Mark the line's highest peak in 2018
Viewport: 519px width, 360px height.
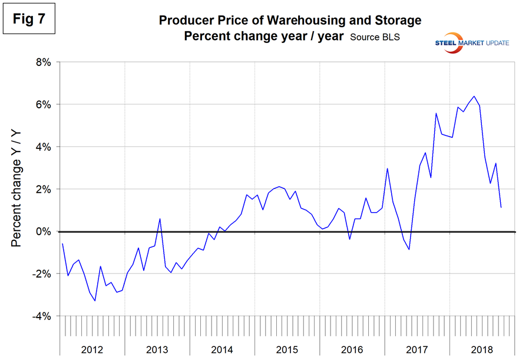(x=474, y=96)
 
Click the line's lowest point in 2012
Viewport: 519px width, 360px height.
(x=95, y=301)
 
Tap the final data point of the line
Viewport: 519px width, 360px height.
(x=501, y=207)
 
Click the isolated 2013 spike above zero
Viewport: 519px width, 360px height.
(x=160, y=219)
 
